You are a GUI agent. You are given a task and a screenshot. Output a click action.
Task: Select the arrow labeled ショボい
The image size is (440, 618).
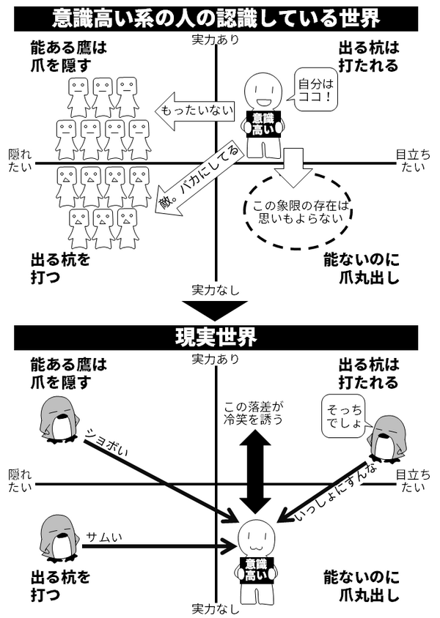click(154, 469)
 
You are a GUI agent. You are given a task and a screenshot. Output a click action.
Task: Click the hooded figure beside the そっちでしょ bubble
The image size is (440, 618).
click(384, 439)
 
